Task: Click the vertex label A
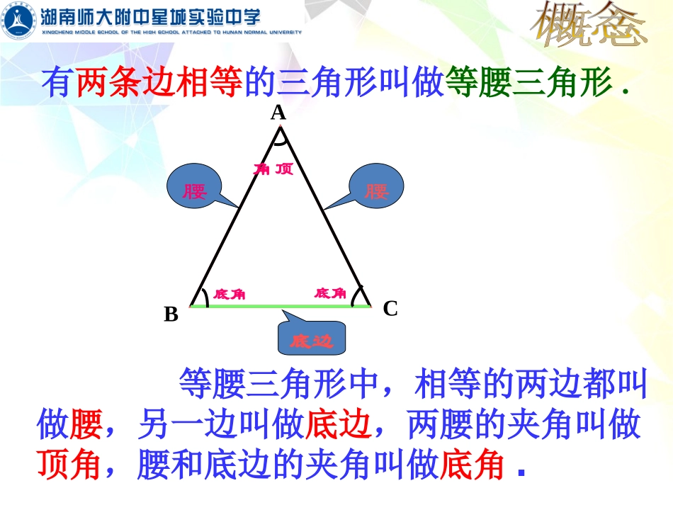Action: [278, 113]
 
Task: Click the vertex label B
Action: [171, 314]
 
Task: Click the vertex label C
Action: [390, 309]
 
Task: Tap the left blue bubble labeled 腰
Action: [193, 191]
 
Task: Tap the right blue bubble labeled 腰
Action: [377, 190]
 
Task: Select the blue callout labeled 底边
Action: [311, 341]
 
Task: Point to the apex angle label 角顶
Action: [273, 169]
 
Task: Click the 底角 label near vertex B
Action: [228, 294]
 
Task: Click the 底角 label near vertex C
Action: [330, 293]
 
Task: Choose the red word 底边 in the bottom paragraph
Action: [339, 425]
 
